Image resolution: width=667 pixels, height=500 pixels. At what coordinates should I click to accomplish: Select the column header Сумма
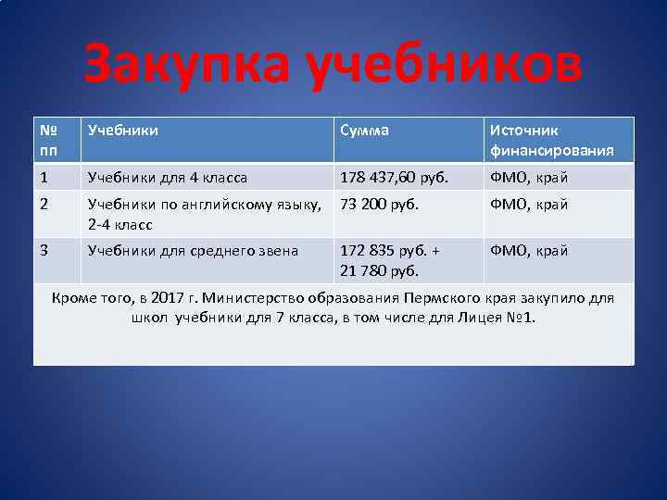pyautogui.click(x=365, y=131)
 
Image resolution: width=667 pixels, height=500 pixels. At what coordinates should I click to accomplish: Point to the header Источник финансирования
pyautogui.click(x=551, y=140)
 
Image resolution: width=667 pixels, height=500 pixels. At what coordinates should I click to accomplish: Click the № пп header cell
pyautogui.click(x=51, y=140)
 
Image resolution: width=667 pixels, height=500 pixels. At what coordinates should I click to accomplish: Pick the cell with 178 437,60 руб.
pyautogui.click(x=393, y=178)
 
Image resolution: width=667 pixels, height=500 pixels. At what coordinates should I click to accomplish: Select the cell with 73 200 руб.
pyautogui.click(x=380, y=205)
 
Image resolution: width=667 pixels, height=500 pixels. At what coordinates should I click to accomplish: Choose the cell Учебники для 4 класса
pyautogui.click(x=167, y=178)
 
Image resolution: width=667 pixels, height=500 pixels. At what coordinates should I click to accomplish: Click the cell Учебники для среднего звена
pyautogui.click(x=193, y=251)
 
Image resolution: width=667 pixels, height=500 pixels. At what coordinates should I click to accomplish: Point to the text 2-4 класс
pyautogui.click(x=120, y=224)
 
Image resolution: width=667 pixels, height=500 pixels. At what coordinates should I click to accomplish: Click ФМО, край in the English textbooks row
pyautogui.click(x=528, y=205)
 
